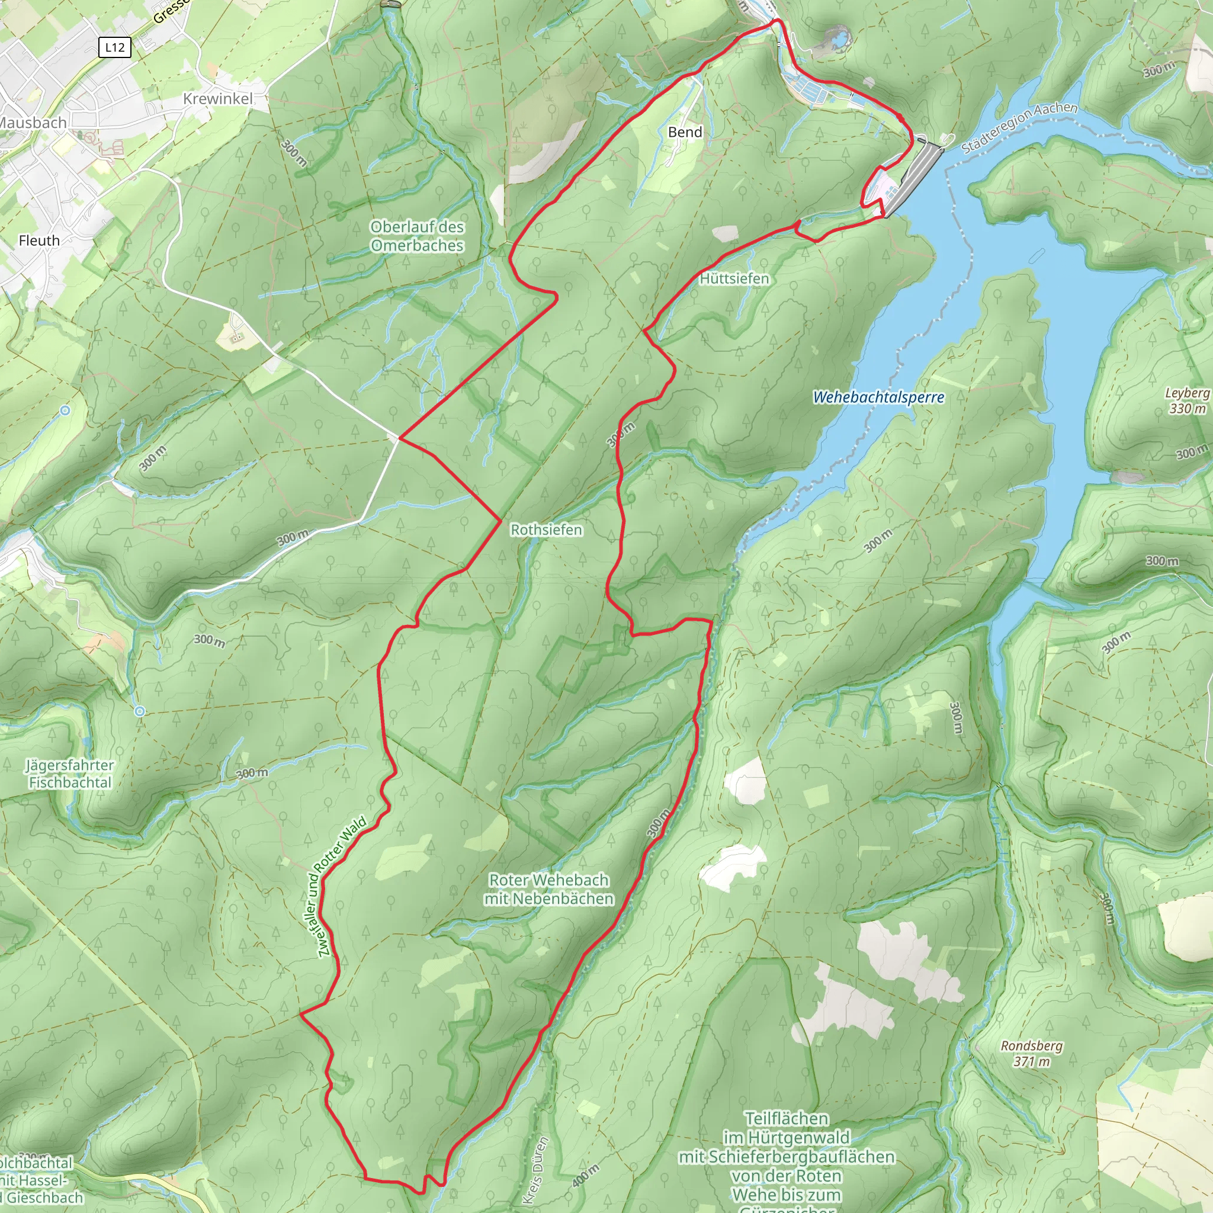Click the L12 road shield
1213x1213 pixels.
coord(115,47)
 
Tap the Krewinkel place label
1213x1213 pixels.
coord(218,98)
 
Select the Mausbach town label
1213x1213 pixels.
coord(33,123)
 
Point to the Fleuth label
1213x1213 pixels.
coord(39,240)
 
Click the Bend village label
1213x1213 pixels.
coord(685,132)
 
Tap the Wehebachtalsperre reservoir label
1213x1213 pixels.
coord(878,397)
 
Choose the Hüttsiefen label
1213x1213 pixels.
coord(734,278)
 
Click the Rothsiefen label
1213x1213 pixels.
coord(546,530)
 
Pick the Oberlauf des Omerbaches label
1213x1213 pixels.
coord(417,236)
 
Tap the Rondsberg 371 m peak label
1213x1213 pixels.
coord(1032,1054)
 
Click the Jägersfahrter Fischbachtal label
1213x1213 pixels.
coord(70,774)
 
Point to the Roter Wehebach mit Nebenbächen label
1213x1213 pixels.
coord(548,889)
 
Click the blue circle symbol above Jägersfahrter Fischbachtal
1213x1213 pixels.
coord(140,711)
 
